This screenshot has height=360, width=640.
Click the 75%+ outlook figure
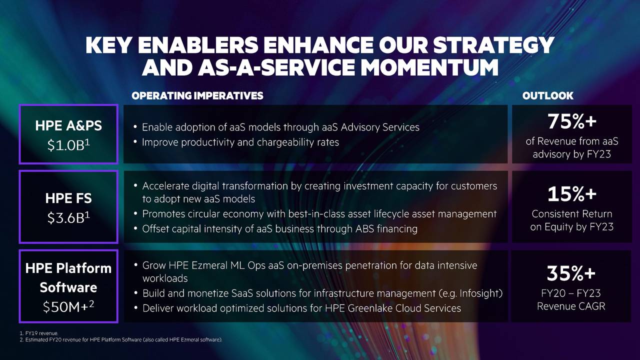click(571, 121)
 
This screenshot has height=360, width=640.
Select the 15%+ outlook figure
click(571, 193)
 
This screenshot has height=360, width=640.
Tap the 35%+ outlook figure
click(571, 273)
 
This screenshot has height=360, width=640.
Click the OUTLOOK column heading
click(547, 95)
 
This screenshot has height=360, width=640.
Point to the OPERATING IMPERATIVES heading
click(197, 95)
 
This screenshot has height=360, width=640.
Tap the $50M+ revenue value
click(68, 306)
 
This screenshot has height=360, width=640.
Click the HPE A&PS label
click(68, 125)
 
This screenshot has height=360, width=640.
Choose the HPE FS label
click(68, 198)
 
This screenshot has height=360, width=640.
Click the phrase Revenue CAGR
click(571, 306)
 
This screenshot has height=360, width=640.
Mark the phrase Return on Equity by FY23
click(571, 220)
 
